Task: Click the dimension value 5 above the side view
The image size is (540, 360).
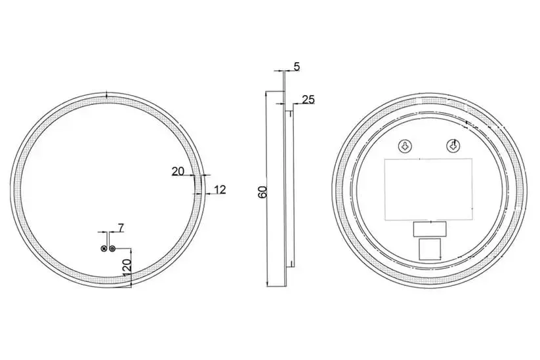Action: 297,66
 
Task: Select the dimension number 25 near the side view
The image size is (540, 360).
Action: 308,100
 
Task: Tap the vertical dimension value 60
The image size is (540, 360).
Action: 262,191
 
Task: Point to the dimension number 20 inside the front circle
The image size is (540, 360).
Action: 178,171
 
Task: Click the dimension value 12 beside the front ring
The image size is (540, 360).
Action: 220,190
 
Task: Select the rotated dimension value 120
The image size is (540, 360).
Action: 127,268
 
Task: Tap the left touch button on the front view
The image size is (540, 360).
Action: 104,249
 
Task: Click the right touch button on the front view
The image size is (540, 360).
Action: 113,249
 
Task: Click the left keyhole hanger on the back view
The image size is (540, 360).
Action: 405,146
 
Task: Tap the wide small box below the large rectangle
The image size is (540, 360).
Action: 428,228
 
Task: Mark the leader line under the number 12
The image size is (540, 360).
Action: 215,195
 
